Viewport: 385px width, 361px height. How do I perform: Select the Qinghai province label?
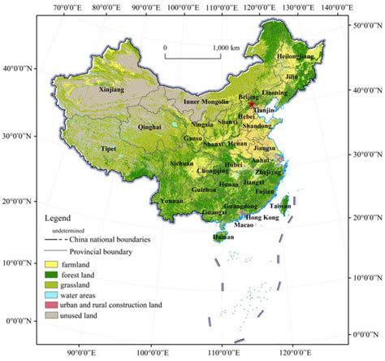tap(151, 127)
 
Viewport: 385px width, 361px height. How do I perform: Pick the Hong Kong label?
tap(262, 219)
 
